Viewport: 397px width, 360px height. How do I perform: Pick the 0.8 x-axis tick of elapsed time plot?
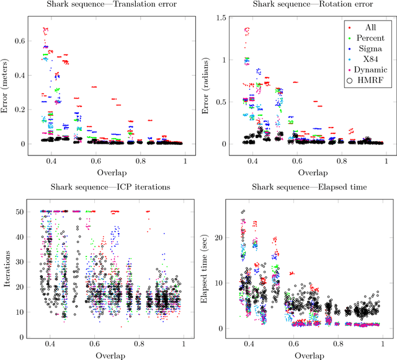(338, 345)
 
